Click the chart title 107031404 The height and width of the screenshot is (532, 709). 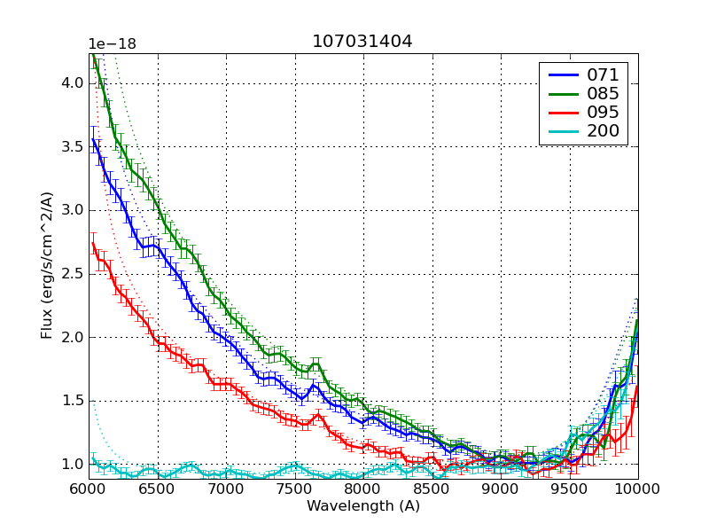(x=362, y=42)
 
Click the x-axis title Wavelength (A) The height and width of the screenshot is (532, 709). (x=363, y=506)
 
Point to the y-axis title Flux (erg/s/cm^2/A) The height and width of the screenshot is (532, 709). (x=47, y=266)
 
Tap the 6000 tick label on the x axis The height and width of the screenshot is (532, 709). (x=89, y=489)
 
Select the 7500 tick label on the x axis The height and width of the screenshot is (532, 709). (x=294, y=489)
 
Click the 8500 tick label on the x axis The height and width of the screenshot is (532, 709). (x=432, y=489)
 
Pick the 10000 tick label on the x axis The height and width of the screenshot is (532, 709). (x=636, y=489)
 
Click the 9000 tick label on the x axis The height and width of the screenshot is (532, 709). (x=501, y=489)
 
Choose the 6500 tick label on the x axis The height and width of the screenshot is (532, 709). (x=157, y=489)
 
